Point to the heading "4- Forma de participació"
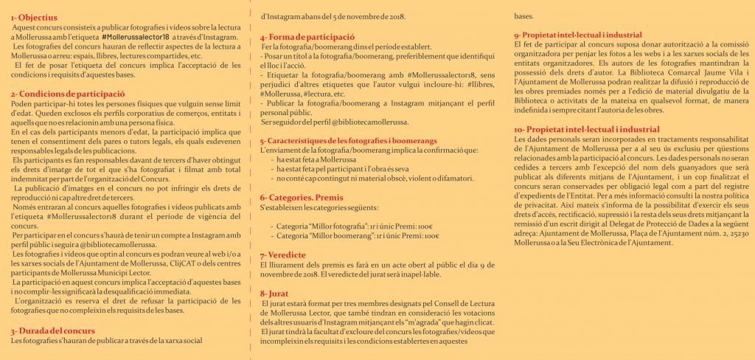(x=307, y=35)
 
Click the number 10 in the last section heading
(x=520, y=128)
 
